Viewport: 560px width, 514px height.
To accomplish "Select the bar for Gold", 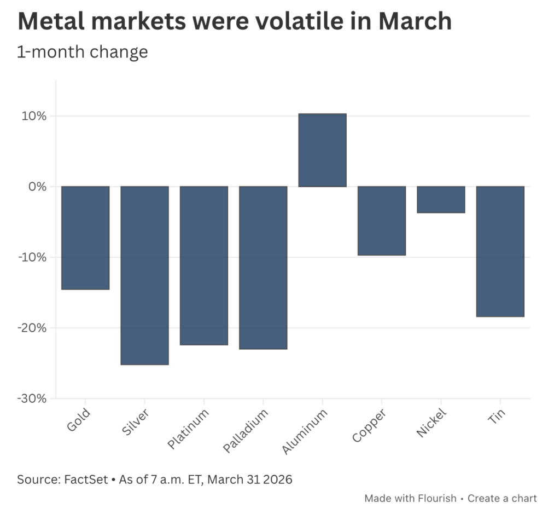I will (85, 238).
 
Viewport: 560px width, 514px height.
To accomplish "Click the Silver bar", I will (144, 275).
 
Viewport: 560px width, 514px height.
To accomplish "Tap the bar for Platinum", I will (204, 265).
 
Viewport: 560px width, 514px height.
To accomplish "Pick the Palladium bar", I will (263, 268).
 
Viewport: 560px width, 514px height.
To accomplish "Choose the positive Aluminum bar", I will (322, 150).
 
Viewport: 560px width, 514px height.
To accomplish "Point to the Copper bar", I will (382, 221).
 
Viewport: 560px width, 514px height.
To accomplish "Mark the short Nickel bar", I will (441, 199).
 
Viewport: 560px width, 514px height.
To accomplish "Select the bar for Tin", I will (500, 251).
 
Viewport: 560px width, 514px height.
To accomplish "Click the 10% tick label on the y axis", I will (34, 116).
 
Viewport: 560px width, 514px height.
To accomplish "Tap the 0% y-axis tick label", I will (37, 187).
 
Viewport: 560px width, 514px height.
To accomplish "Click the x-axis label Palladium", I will (247, 432).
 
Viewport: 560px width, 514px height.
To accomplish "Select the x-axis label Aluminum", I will (305, 432).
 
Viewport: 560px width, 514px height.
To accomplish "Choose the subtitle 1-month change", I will (83, 51).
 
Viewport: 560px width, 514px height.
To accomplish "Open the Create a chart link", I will (503, 498).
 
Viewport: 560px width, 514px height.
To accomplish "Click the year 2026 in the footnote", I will (277, 480).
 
